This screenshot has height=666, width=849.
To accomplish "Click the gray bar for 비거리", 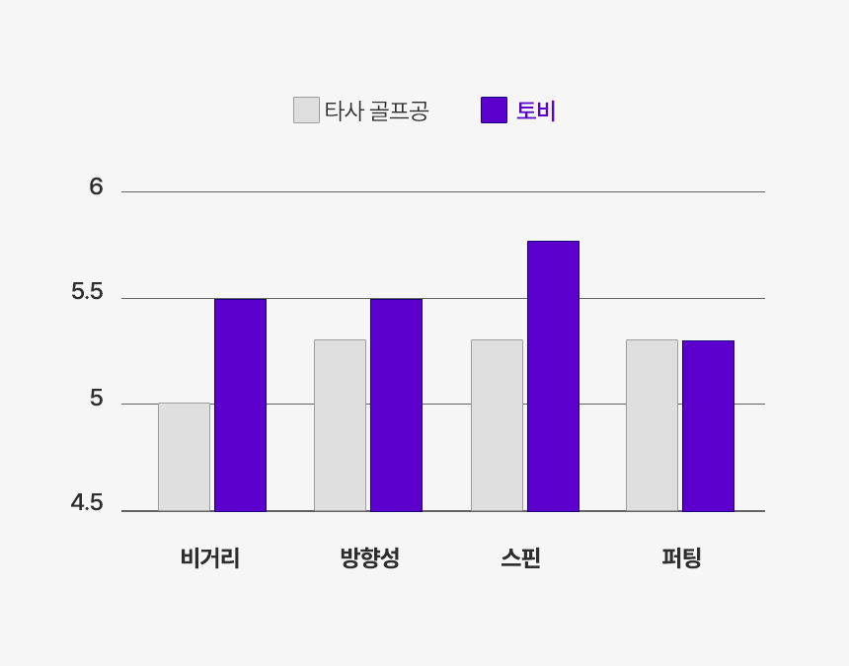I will click(x=184, y=457).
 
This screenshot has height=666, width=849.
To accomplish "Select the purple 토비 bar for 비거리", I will click(x=240, y=405).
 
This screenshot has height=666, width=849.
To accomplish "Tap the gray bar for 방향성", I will click(x=340, y=425).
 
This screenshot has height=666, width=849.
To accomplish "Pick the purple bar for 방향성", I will click(x=396, y=405).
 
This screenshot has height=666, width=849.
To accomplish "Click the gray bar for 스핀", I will click(x=497, y=425).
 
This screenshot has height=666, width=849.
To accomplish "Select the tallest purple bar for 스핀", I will click(x=553, y=376).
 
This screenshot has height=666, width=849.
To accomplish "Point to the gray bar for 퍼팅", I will click(x=652, y=425).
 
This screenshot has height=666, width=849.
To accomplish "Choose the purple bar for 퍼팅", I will click(x=708, y=425).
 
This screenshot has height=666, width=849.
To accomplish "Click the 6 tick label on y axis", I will click(x=96, y=186).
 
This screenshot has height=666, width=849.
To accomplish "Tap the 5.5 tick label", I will click(x=87, y=292).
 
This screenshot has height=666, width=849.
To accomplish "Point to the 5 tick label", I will click(x=96, y=398).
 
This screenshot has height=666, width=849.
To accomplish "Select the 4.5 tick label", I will click(x=87, y=503).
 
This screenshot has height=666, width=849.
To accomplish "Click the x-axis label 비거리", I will click(x=210, y=558).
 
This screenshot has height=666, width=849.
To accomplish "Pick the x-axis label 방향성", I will click(x=369, y=558).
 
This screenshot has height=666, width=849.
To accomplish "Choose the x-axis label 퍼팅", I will click(x=681, y=558).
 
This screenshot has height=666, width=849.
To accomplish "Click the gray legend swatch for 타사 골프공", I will click(x=306, y=110).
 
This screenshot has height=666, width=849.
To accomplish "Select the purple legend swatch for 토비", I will click(x=494, y=110).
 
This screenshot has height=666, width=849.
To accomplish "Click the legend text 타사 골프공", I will click(x=376, y=111).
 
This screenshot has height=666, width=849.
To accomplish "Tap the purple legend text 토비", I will click(x=536, y=111).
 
